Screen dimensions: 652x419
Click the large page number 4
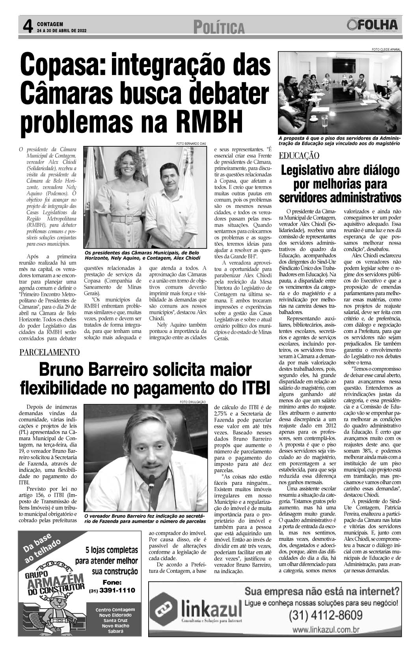tap(26, 27)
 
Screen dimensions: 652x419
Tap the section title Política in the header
tap(219, 28)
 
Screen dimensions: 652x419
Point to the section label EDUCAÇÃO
tap(299, 155)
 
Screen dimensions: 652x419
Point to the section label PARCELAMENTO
tap(50, 352)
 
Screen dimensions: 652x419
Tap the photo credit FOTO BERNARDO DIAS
tap(191, 144)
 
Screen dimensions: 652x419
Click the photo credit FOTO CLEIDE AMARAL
tap(386, 49)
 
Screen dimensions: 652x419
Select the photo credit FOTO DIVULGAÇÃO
tap(193, 402)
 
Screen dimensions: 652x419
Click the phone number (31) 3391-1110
tap(112, 590)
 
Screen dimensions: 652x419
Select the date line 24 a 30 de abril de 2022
tap(61, 30)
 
